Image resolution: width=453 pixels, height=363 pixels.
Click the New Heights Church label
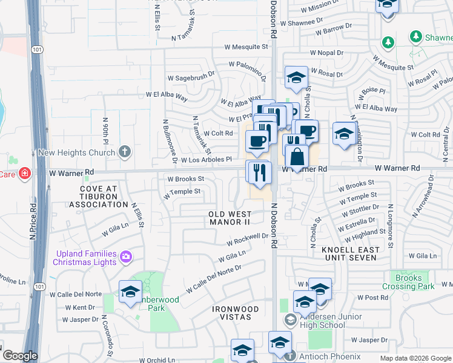coord(76,152)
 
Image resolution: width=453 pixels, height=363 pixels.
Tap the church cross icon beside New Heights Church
coord(125,151)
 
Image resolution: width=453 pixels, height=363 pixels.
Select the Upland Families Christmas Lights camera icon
coord(125,257)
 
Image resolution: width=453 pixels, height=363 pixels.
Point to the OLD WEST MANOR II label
coord(230,218)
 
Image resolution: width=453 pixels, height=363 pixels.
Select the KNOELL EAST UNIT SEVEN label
coord(351,254)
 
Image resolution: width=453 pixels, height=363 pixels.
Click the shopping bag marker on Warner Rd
coord(297,157)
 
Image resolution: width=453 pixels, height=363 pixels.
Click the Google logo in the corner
coord(20,356)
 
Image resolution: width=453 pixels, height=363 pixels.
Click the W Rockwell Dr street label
coord(247,240)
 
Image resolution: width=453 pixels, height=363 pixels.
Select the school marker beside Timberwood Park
coord(130,292)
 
